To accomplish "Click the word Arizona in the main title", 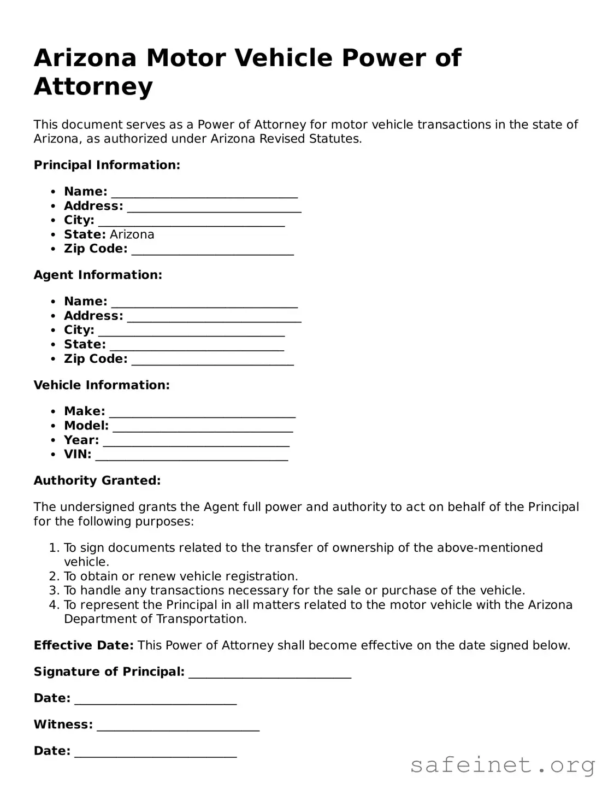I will point(85,58).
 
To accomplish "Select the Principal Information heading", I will point(107,165).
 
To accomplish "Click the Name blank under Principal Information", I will point(204,193).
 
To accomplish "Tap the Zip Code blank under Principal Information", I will point(212,250).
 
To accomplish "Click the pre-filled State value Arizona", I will point(132,234).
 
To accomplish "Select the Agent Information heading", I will point(98,275).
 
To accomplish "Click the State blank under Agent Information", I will point(197,346).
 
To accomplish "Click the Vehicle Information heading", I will point(102,385).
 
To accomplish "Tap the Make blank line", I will point(202,413).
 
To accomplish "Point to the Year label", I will point(81,440).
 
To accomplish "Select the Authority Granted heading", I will point(97,481).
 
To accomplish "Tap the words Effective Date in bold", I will point(84,645).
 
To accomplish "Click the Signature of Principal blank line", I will point(270,673).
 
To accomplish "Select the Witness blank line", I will point(178,726).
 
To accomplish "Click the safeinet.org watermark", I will point(502,765).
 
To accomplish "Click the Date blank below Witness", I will point(156,752).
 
